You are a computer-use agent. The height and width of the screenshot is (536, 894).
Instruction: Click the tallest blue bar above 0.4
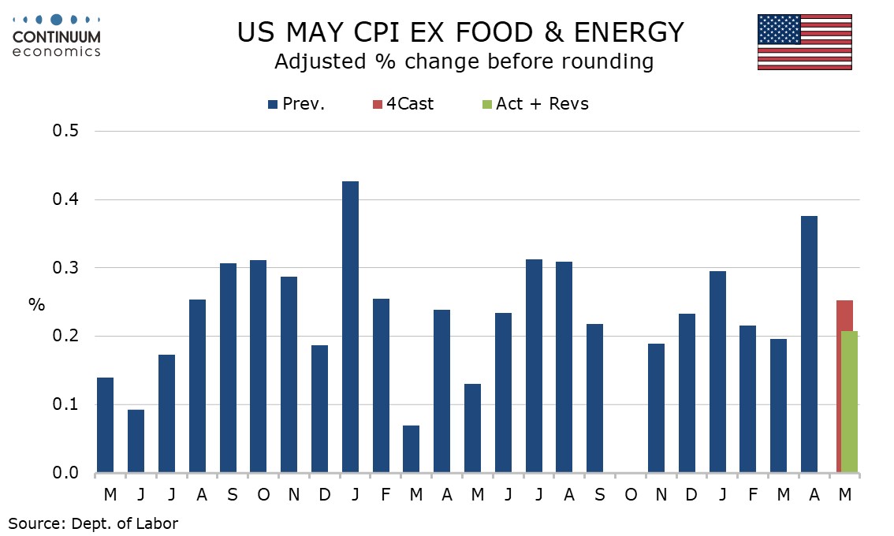pos(350,327)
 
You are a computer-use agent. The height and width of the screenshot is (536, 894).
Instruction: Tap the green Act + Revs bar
pos(850,402)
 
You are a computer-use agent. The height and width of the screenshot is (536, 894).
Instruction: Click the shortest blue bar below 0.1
pos(411,449)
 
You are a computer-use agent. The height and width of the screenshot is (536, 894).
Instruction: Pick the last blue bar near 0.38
pos(809,344)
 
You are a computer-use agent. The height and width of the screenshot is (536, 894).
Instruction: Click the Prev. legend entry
pos(296,104)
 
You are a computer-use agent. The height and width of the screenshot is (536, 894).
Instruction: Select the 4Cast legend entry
pos(403,104)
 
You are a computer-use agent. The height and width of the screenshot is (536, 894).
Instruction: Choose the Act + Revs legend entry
pos(535,104)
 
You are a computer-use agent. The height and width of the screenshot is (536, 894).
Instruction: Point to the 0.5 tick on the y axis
pos(65,131)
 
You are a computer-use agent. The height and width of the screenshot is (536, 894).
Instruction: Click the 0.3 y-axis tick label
pos(65,267)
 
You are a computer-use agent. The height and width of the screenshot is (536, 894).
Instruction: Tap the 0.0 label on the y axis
pos(65,473)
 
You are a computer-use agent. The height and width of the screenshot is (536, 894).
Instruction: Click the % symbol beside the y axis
pos(36,305)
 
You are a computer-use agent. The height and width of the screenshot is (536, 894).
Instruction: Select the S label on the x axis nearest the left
pos(232,495)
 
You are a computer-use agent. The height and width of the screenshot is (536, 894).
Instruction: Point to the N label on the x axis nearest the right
pos(661,495)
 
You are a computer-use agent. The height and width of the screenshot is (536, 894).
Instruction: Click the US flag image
pos(804,43)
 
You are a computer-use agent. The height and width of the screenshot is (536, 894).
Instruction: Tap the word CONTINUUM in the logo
pos(57,37)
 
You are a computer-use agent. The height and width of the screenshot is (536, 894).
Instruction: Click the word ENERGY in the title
pos(629,32)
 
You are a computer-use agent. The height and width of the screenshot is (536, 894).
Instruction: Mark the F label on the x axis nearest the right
pos(753,495)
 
